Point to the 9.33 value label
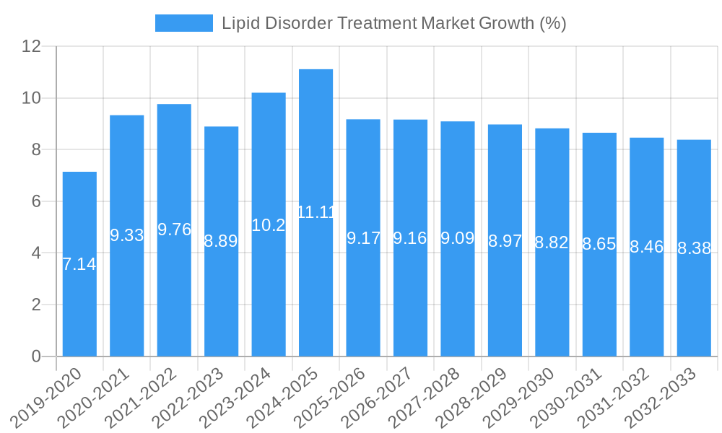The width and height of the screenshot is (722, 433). click(126, 235)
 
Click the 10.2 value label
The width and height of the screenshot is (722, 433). click(269, 225)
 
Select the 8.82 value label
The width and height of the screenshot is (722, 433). click(552, 242)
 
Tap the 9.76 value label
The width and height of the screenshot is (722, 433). click(174, 229)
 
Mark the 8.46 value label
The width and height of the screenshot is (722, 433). click(646, 248)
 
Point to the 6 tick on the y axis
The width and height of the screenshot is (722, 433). click(36, 201)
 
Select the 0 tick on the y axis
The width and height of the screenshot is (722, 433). click(36, 357)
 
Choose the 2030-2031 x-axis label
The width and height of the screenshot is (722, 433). click(568, 398)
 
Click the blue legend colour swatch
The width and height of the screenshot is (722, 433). click(183, 23)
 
